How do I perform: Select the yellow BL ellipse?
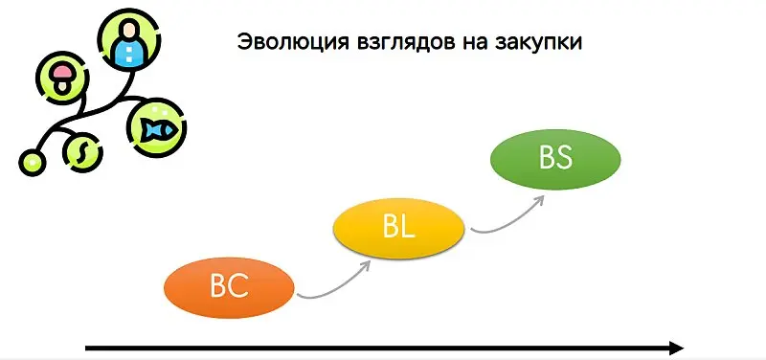397,228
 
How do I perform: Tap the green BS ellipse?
555,158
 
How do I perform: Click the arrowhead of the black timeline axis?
676,349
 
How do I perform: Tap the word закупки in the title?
536,44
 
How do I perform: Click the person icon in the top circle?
128,42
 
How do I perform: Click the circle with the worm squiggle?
82,150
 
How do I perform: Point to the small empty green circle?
33,161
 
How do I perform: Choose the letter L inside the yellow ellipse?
406,228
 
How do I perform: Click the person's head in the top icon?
128,29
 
